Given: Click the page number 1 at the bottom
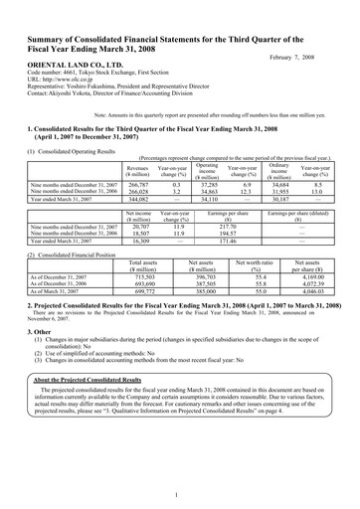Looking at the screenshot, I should coord(179,493).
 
